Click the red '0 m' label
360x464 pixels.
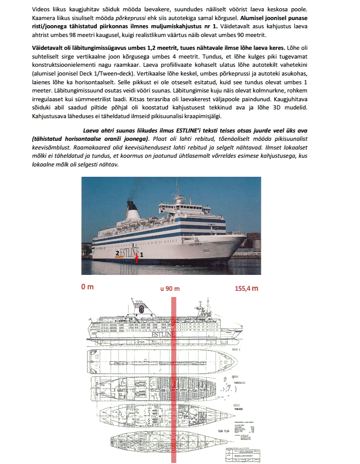(86, 287)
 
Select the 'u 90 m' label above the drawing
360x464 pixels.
(170, 288)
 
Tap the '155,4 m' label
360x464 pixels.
(247, 288)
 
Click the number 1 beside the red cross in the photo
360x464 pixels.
(142, 254)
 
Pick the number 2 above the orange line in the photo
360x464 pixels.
(117, 253)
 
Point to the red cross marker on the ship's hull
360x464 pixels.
(136, 253)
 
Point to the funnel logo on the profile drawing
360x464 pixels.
(141, 309)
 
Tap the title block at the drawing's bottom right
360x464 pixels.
(241, 450)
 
